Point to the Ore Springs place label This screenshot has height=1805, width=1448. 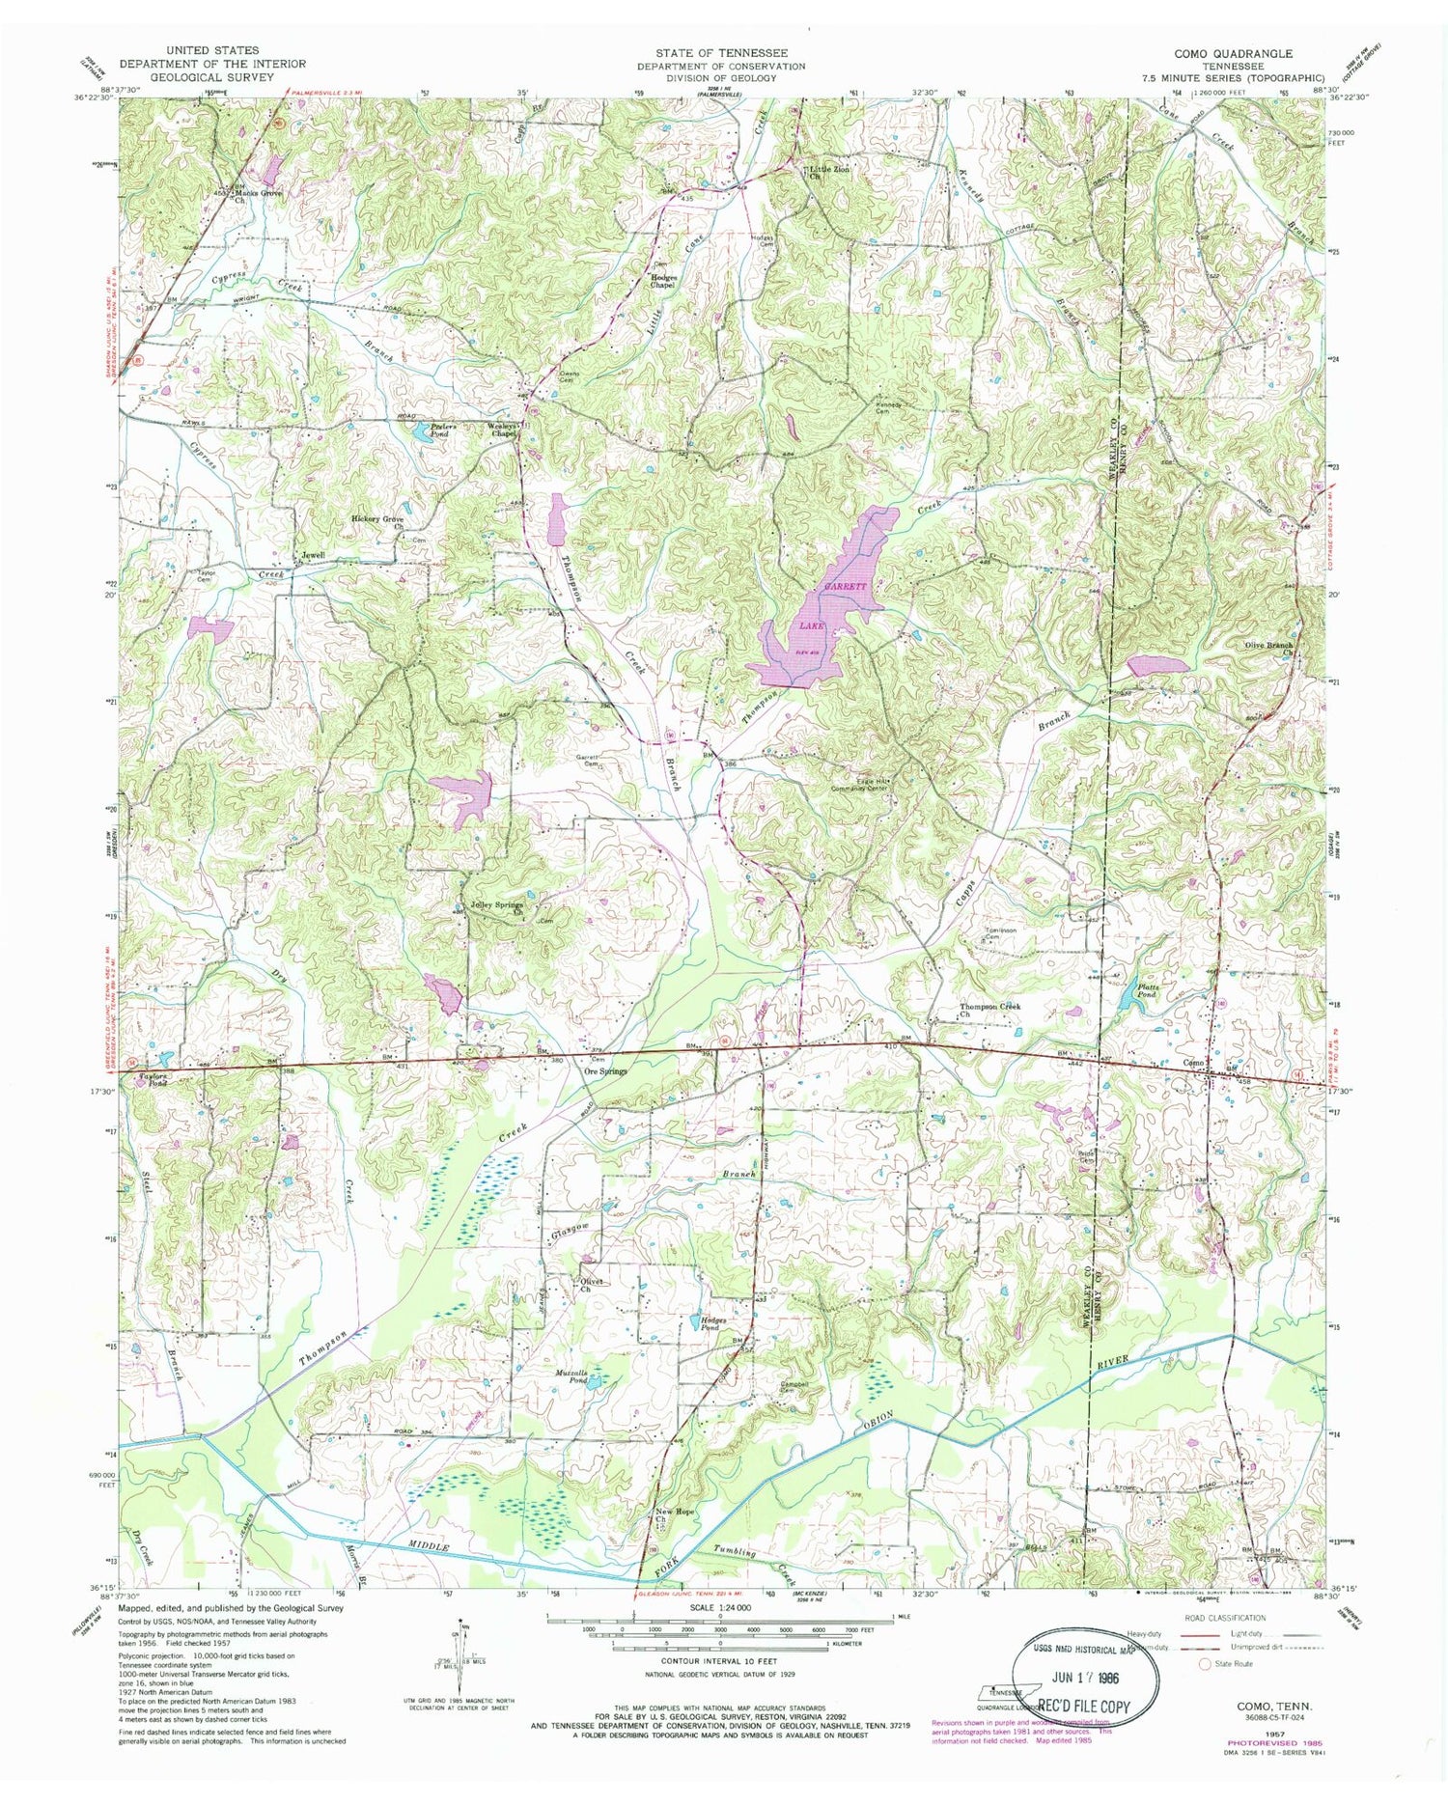[x=606, y=1071]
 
